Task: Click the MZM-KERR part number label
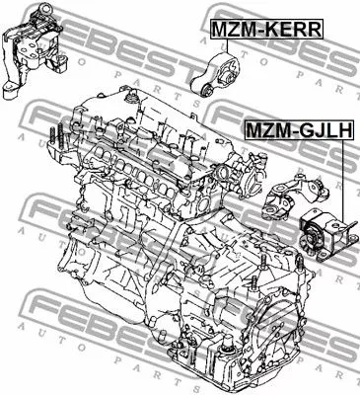tap(266, 30)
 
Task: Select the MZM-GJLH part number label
tap(299, 129)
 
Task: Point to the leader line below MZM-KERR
tap(227, 45)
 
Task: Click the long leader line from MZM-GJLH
tap(342, 181)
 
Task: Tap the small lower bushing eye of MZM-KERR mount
tap(206, 89)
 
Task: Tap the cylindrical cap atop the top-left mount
tap(43, 12)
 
